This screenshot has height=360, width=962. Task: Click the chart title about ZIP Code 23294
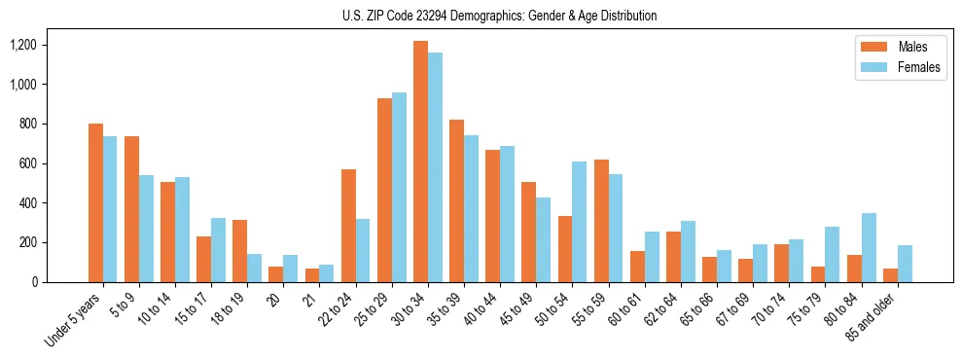(x=499, y=16)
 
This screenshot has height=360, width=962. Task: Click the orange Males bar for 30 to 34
(x=420, y=162)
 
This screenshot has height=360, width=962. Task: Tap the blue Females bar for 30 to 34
(x=435, y=167)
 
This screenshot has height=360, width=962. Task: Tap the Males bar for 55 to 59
(x=601, y=221)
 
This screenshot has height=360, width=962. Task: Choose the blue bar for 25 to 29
(x=399, y=187)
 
